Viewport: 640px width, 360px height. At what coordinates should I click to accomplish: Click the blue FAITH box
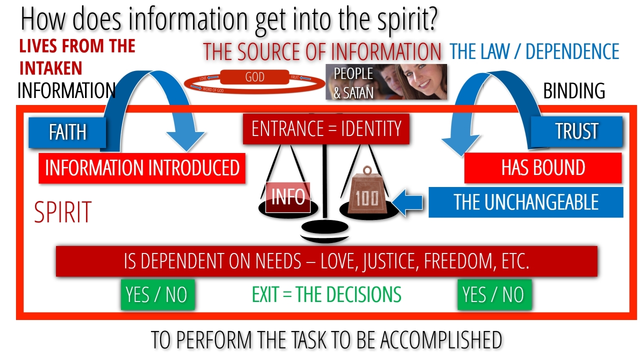(x=67, y=132)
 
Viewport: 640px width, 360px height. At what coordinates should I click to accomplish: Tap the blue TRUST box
(x=576, y=131)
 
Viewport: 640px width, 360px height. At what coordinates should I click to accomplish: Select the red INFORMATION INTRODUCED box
(x=142, y=168)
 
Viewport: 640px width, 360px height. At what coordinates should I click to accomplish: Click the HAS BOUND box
(x=543, y=168)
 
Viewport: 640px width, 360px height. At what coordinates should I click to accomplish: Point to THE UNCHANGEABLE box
(x=526, y=202)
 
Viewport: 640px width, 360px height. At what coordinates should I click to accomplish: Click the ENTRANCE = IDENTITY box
(x=326, y=129)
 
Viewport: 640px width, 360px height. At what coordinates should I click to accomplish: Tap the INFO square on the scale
(x=288, y=197)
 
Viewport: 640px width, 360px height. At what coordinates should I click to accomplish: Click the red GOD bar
(x=254, y=77)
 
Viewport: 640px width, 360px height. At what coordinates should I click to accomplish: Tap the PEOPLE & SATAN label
(x=353, y=82)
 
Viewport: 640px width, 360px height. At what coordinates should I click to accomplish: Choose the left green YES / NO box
(x=156, y=294)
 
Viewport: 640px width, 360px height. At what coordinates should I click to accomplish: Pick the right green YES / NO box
(x=493, y=294)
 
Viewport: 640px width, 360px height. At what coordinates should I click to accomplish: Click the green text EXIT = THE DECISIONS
(x=326, y=295)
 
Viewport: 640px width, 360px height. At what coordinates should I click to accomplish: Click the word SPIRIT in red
(x=63, y=212)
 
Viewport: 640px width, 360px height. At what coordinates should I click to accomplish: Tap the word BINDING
(x=574, y=91)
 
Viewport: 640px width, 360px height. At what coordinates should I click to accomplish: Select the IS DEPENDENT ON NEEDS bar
(x=326, y=261)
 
